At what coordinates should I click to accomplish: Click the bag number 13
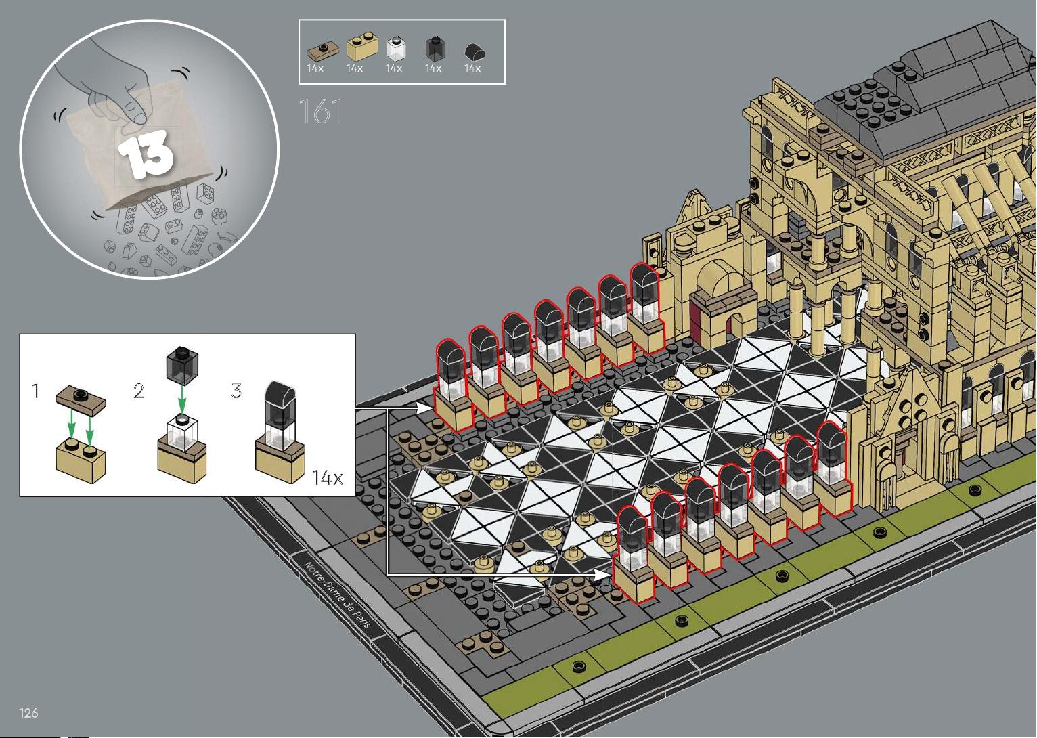click(146, 154)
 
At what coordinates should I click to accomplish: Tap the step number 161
click(321, 111)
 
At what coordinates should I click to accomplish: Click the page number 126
click(28, 712)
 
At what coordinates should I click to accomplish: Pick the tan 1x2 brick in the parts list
click(362, 46)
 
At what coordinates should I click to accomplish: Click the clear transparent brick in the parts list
click(396, 49)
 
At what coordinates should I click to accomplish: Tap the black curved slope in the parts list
click(475, 51)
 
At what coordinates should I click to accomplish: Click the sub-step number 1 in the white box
click(36, 391)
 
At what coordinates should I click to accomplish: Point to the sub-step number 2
click(138, 391)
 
